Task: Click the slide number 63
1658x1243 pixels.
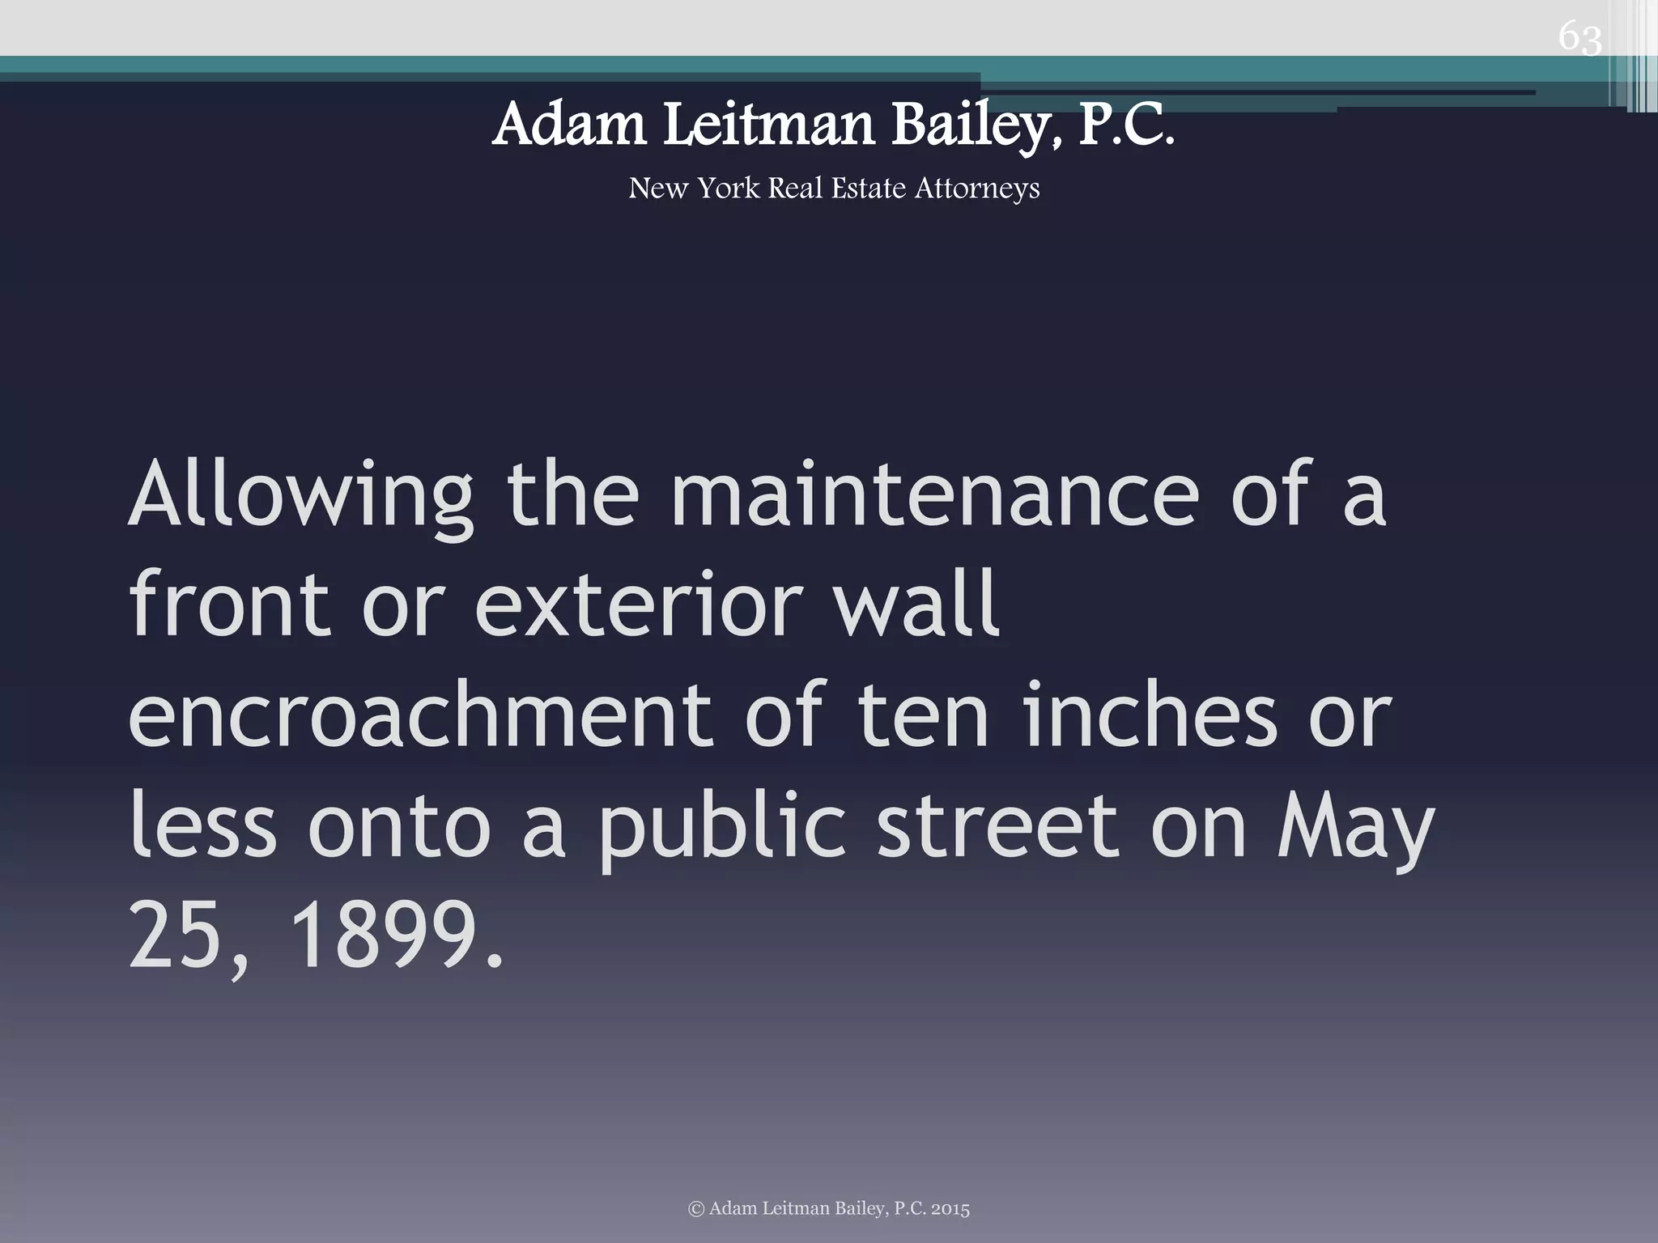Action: click(1579, 37)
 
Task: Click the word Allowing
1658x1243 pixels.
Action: click(300, 495)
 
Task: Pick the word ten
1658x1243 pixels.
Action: click(923, 714)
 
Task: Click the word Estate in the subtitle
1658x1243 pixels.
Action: click(868, 189)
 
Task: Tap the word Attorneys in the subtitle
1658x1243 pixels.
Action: click(977, 189)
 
